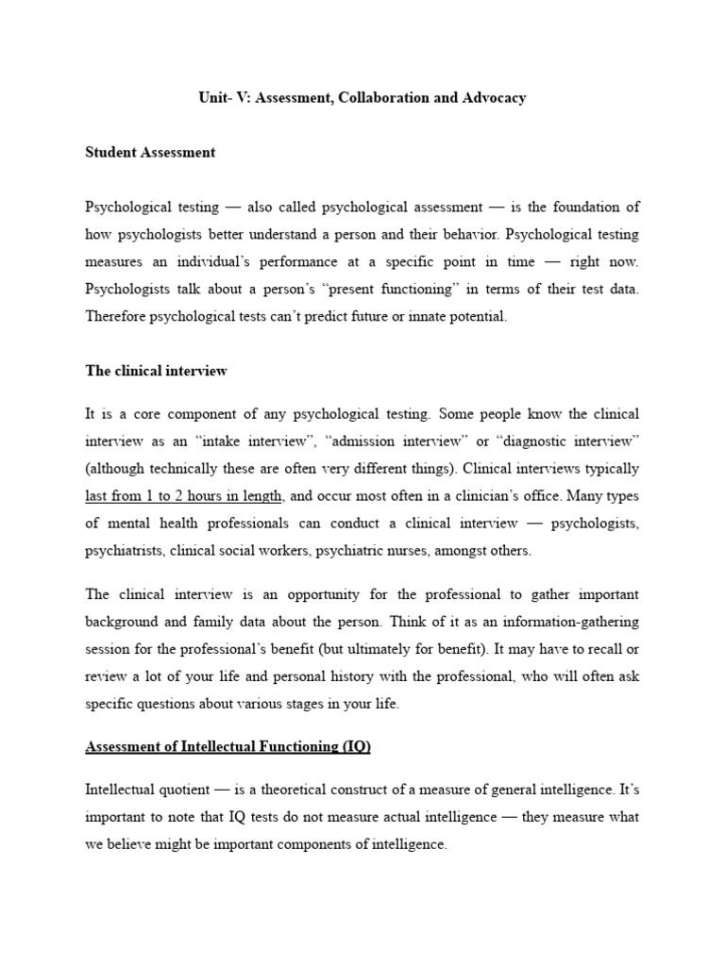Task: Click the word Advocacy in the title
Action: tap(492, 98)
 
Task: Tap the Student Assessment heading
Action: tap(150, 153)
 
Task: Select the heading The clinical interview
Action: tap(156, 371)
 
